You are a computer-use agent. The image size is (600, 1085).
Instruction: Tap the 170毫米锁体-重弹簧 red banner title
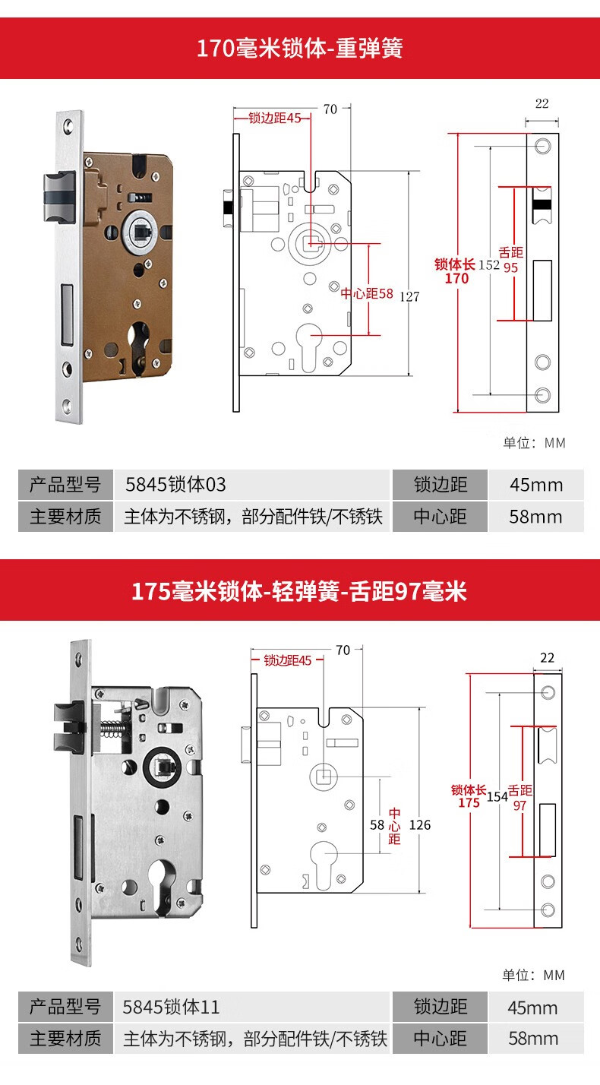coord(299,49)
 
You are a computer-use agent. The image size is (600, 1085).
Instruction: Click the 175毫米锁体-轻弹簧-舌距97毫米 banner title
coord(299,591)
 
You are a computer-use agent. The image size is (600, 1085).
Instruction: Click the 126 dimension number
coord(419,824)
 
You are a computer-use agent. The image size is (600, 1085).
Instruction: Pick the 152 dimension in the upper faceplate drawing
coord(489,264)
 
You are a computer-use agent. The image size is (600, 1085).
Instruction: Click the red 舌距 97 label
coord(520,797)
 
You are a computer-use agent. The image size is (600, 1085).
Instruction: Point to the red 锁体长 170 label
coord(456,271)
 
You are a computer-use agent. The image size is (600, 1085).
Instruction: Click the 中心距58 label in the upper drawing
coord(367,293)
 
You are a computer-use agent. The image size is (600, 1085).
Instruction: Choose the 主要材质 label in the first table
coord(65,517)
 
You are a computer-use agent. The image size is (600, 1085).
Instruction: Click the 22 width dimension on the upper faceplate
coord(542,104)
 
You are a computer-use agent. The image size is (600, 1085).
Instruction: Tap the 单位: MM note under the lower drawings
coord(533,975)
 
